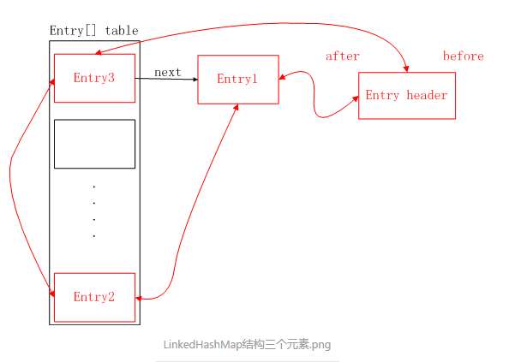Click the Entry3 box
tap(94, 78)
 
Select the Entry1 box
tap(237, 80)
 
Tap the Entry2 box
tap(94, 297)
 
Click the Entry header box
tap(406, 95)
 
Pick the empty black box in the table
tap(94, 144)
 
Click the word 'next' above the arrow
tap(167, 72)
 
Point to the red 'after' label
tap(342, 56)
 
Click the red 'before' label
tap(463, 56)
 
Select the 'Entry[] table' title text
tap(93, 31)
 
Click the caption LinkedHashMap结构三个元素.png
tap(247, 344)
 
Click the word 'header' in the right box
tap(427, 95)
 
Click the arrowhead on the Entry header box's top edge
tap(405, 69)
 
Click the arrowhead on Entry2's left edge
tap(52, 294)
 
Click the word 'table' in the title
tap(122, 31)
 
